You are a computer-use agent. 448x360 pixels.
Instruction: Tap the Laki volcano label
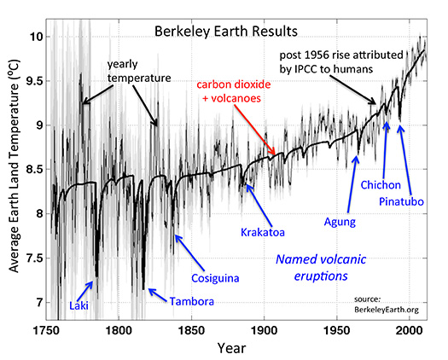79,305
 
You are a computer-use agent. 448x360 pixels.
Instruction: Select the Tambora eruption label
192,301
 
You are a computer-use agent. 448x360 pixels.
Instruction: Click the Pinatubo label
403,203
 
